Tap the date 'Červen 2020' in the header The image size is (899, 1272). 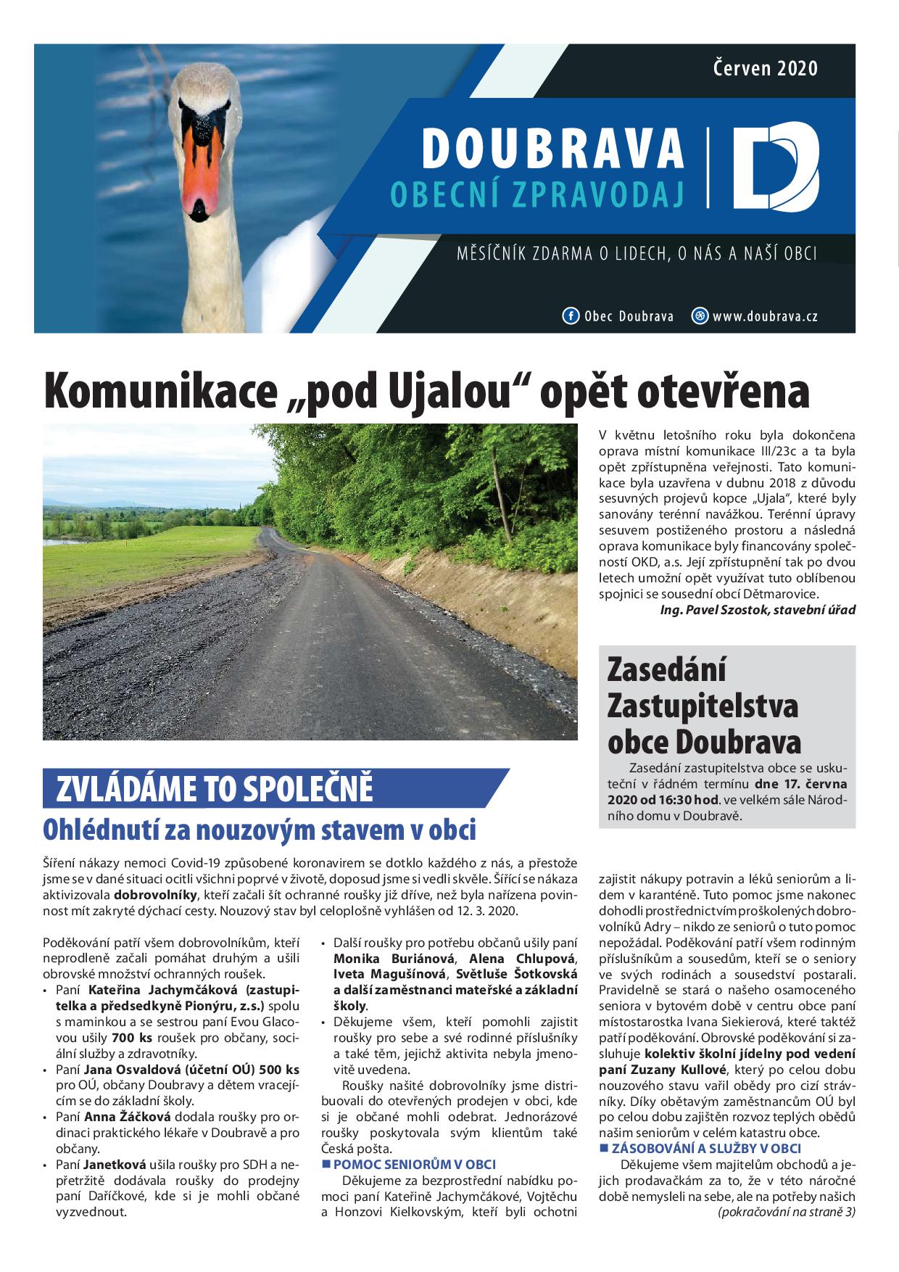click(766, 68)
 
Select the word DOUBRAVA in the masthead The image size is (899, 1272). click(552, 148)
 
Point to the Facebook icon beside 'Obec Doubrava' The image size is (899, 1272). click(571, 316)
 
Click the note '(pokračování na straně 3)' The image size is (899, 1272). click(787, 1212)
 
